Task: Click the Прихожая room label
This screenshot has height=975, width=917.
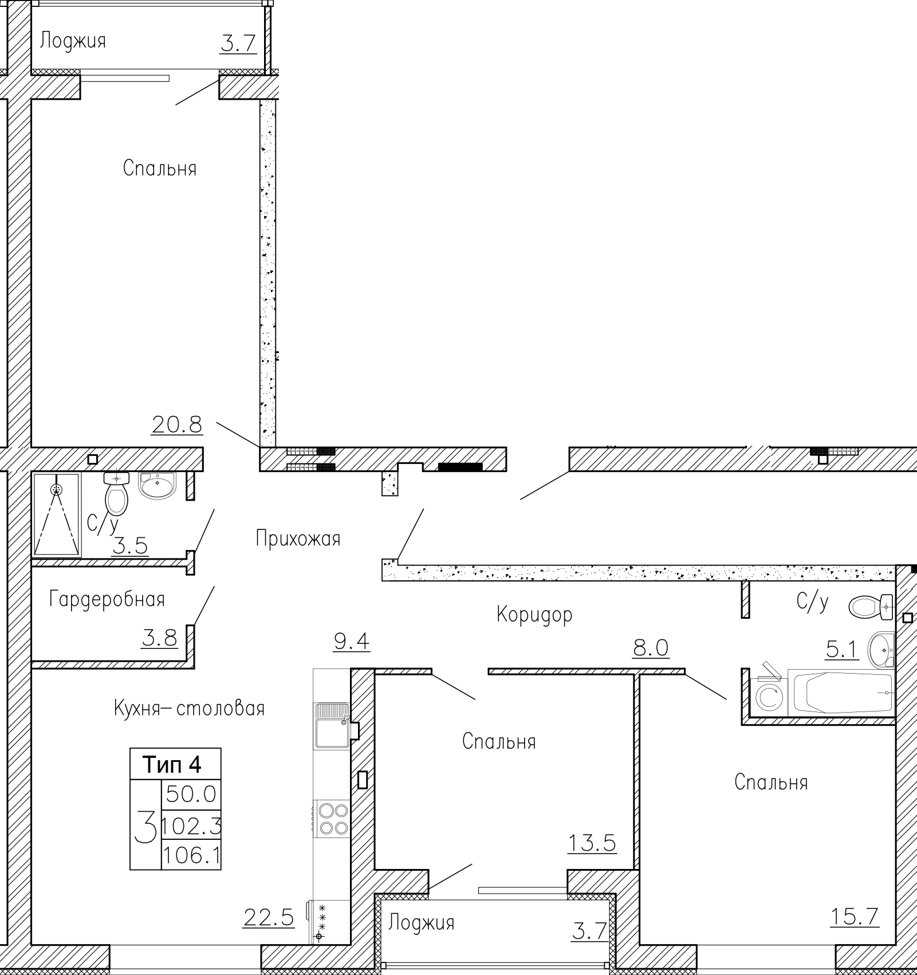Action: coord(298,539)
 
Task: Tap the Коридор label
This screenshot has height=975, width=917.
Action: coord(534,615)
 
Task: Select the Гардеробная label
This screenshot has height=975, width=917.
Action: coord(107,600)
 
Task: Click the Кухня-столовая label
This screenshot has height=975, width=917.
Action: coord(190,709)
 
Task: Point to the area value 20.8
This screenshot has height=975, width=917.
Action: coord(177,424)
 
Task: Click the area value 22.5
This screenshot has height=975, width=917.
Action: coord(269,918)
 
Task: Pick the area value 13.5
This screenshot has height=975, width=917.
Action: coord(592,843)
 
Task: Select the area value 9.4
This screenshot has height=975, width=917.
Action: coord(352,641)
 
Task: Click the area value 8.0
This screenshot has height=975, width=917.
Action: coord(651,648)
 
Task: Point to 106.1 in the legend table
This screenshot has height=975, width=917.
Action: coord(192,856)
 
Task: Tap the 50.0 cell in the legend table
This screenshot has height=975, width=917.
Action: coord(191,794)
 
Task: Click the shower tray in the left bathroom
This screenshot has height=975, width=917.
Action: coord(57,514)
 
